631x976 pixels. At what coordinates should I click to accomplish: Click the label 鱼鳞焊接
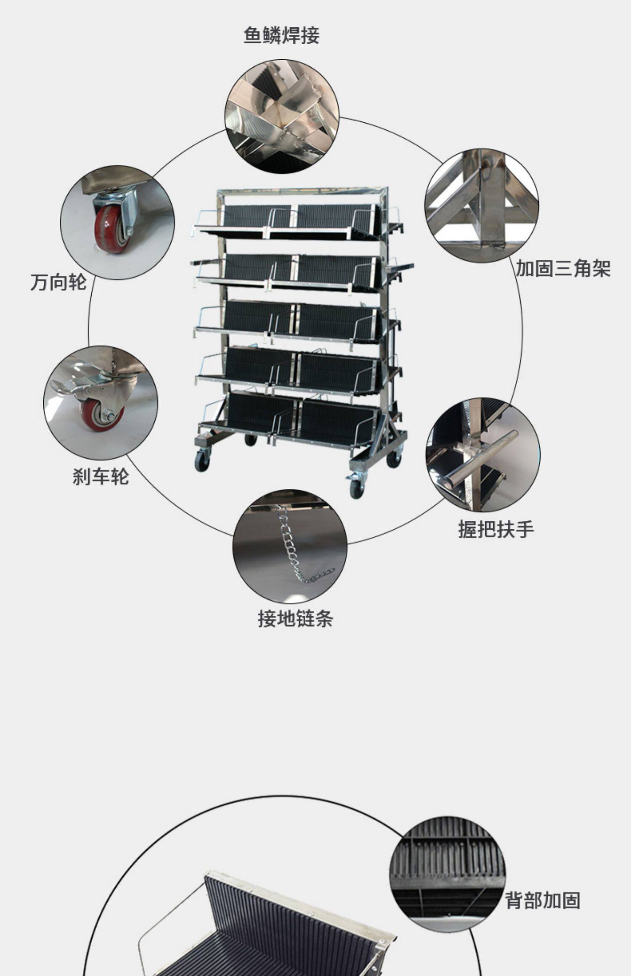pos(281,35)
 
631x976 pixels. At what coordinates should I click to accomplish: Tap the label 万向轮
pos(58,282)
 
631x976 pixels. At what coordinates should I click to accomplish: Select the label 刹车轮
pos(101,477)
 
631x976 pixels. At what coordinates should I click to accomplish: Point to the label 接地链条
pos(295,619)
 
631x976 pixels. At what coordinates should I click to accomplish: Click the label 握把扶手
pos(496,529)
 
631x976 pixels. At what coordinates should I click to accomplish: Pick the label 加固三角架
pos(563,269)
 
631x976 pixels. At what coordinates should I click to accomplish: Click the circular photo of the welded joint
pos(282,116)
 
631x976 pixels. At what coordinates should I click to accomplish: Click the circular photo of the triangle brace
pos(482,206)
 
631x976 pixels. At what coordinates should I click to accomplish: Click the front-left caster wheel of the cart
pos(202,460)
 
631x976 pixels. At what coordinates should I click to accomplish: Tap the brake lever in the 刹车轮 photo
pos(63,386)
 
